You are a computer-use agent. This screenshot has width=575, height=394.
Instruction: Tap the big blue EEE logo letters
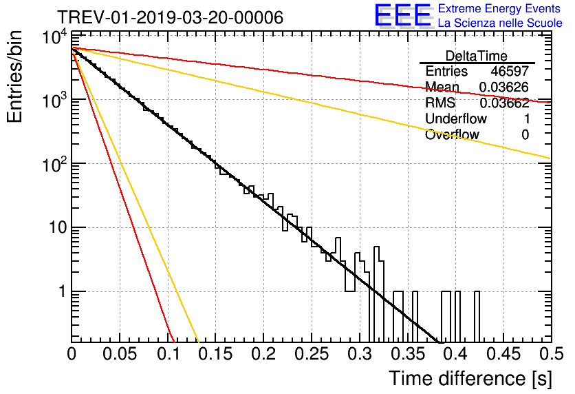pyautogui.click(x=402, y=16)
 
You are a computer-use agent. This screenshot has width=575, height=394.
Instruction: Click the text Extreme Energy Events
pyautogui.click(x=500, y=9)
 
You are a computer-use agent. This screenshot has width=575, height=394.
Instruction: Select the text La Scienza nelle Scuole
pyautogui.click(x=500, y=23)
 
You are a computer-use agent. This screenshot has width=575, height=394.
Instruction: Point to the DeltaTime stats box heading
pyautogui.click(x=477, y=56)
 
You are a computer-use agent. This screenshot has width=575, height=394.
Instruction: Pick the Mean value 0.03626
pyautogui.click(x=503, y=87)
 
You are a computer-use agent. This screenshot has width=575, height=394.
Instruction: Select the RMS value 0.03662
pyautogui.click(x=503, y=103)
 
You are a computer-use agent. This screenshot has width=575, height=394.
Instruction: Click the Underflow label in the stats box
pyautogui.click(x=456, y=119)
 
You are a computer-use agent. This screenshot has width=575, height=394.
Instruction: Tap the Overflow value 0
pyautogui.click(x=525, y=135)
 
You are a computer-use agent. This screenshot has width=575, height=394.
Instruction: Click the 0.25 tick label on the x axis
pyautogui.click(x=311, y=354)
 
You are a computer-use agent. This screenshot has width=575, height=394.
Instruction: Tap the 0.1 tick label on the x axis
pyautogui.click(x=167, y=354)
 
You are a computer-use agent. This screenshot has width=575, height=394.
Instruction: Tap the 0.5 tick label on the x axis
pyautogui.click(x=550, y=354)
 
